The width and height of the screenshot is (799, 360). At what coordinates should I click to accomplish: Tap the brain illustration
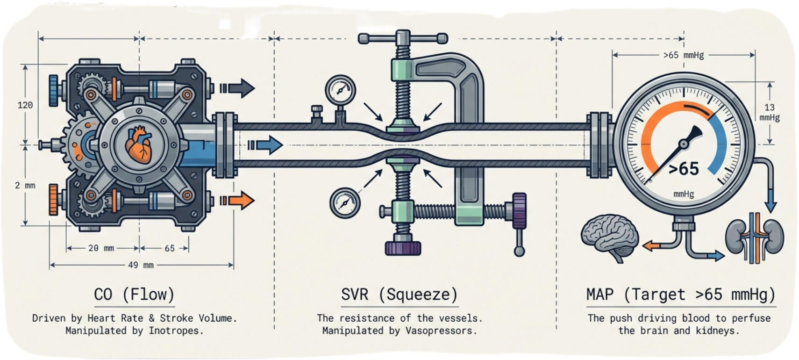pyautogui.click(x=610, y=237)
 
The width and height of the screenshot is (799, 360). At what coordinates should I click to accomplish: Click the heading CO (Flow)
pyautogui.click(x=134, y=295)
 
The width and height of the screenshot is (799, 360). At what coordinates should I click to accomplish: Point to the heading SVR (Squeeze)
pyautogui.click(x=399, y=295)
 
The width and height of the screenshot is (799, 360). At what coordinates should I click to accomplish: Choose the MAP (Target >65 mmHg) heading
pyautogui.click(x=681, y=295)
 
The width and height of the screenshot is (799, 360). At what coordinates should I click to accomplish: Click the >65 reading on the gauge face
pyautogui.click(x=684, y=169)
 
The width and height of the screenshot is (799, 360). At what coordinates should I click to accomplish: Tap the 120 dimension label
pyautogui.click(x=25, y=105)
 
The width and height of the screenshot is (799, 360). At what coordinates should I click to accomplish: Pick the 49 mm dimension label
pyautogui.click(x=141, y=265)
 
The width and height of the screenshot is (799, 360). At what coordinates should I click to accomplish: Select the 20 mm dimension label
pyautogui.click(x=101, y=248)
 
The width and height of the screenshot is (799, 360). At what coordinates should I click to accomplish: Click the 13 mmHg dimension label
pyautogui.click(x=769, y=113)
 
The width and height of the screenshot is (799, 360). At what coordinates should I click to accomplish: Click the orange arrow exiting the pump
pyautogui.click(x=238, y=201)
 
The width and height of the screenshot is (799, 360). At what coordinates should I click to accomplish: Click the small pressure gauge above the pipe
pyautogui.click(x=340, y=89)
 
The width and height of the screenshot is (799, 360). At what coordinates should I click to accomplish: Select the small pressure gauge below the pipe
pyautogui.click(x=345, y=202)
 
